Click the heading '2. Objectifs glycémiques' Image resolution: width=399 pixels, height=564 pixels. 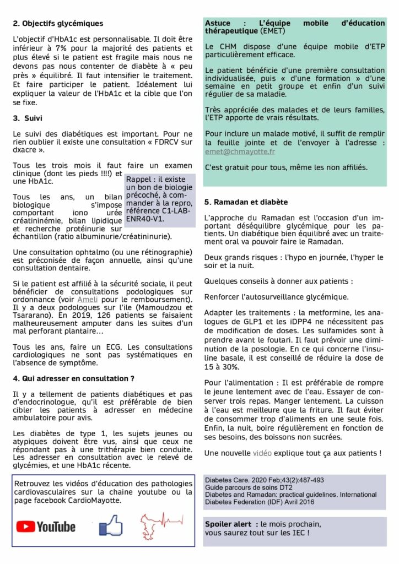(x=58, y=23)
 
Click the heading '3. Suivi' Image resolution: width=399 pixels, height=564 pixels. (x=27, y=118)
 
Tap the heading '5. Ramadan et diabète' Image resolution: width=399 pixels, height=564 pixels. (x=245, y=202)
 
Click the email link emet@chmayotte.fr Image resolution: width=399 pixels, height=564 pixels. (x=240, y=151)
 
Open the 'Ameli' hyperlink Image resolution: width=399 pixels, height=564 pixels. (x=87, y=299)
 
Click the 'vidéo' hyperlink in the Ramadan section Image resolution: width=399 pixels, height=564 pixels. (x=262, y=453)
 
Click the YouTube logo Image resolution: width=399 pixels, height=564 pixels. (x=46, y=527)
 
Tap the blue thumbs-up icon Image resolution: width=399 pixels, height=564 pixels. (x=111, y=525)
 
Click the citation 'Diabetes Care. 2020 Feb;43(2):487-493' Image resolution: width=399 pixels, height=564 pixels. (x=265, y=480)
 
